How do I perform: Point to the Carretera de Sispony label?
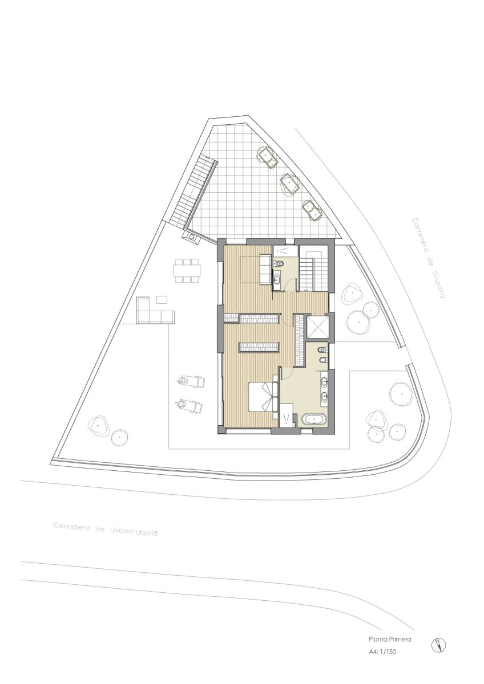(429, 258)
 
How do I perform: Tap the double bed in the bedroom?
(263, 397)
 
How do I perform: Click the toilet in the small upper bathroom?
(280, 263)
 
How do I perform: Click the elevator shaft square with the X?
(318, 328)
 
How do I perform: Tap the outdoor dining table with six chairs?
(187, 271)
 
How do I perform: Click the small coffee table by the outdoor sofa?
(162, 300)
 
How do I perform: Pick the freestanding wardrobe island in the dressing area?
(259, 347)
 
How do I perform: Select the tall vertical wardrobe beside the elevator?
(300, 340)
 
